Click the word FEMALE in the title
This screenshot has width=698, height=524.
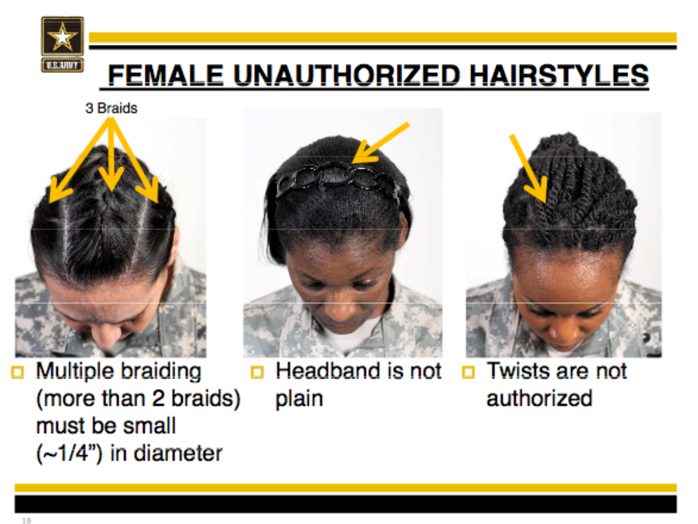coord(166,75)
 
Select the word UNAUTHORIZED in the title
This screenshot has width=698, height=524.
coord(347,75)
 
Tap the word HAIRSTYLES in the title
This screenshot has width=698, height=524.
coord(559,75)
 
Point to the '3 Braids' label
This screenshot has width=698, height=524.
coord(111,108)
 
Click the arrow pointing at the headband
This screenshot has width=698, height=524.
coord(380,143)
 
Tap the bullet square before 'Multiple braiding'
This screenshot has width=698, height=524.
coord(17,371)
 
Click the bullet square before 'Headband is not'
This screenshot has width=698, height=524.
coord(257,371)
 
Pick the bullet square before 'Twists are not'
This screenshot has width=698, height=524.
coord(468,371)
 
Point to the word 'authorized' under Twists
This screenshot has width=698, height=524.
coord(539,398)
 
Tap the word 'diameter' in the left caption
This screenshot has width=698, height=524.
coord(178,453)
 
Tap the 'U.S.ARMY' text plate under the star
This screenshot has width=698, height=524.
coord(62,65)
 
